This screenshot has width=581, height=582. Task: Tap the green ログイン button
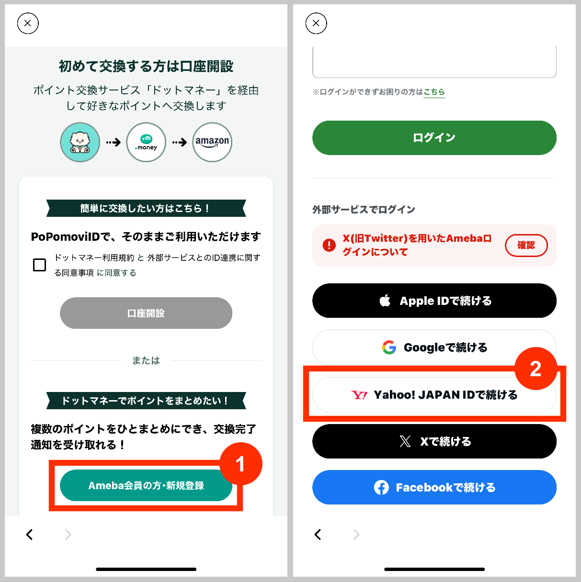434,138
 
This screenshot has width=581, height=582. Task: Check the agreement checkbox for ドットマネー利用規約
39,265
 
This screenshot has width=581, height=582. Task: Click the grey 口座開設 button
146,313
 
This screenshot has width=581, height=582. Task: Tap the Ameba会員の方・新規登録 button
146,485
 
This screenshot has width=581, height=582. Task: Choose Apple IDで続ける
434,301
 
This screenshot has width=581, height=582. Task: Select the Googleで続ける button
434,347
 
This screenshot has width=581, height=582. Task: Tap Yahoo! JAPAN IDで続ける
434,395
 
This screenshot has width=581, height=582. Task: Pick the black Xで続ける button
434,441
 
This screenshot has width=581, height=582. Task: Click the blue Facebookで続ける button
434,487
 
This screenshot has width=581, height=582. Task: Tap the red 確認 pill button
526,245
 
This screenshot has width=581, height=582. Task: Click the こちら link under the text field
434,92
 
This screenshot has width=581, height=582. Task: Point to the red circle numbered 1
241,464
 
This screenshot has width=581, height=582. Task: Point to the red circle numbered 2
535,369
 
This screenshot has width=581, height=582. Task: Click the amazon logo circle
212,142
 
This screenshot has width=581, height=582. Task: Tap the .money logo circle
146,142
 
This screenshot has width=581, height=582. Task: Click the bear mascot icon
80,142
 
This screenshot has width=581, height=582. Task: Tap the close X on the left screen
28,23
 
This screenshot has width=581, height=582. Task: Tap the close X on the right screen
316,23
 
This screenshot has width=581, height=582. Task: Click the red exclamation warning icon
329,245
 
